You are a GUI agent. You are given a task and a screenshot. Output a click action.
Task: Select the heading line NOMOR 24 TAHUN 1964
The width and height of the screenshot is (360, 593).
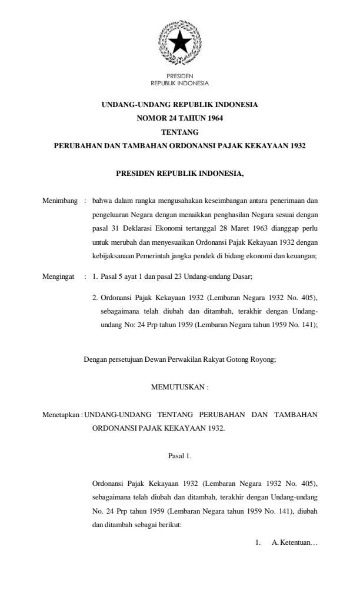click(179, 118)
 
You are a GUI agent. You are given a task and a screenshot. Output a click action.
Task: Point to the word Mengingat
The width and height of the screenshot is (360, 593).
click(59, 275)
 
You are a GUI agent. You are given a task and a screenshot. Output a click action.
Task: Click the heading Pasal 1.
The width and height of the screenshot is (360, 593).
click(179, 454)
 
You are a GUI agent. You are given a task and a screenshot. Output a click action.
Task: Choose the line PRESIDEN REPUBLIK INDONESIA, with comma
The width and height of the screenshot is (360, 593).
click(179, 174)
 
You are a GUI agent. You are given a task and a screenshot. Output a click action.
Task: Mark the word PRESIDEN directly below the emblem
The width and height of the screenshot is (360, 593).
click(179, 78)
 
